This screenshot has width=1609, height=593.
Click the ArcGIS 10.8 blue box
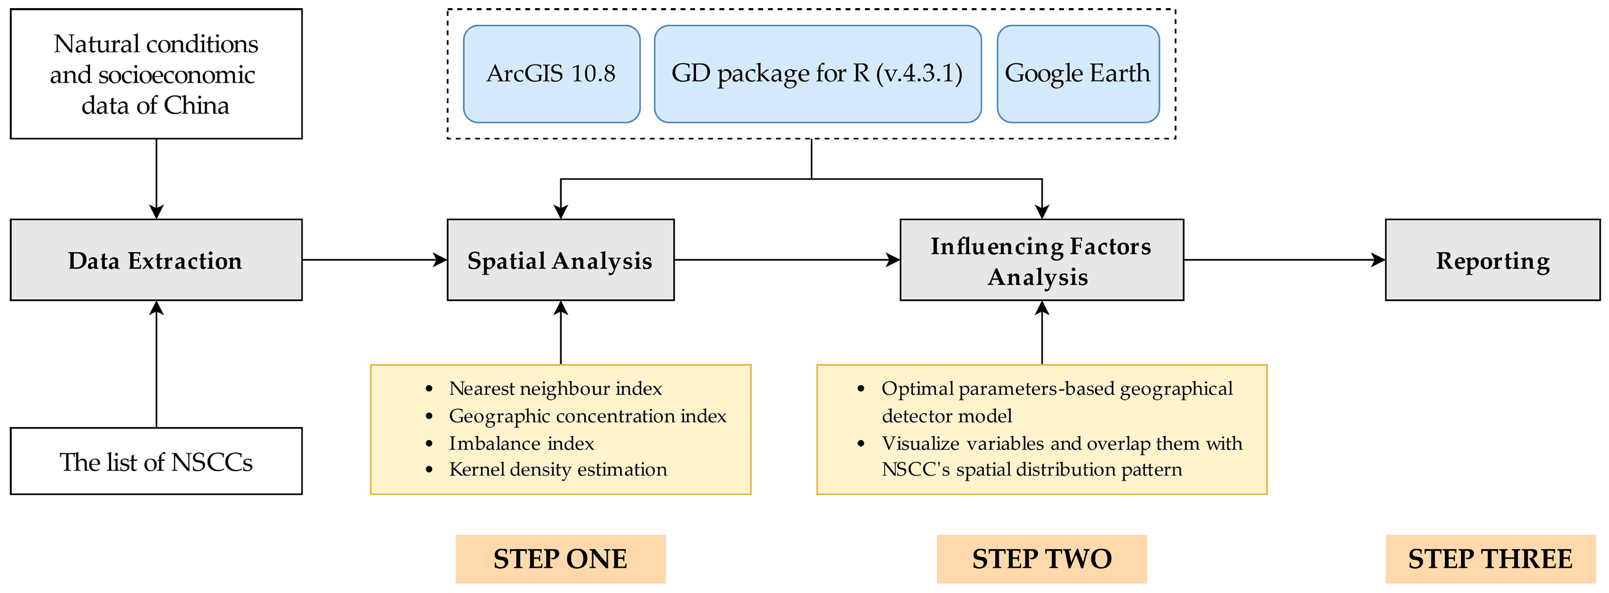pos(551,74)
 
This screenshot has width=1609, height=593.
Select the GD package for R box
pos(817,74)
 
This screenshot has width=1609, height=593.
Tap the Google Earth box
pos(1077,74)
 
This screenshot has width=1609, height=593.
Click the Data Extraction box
pos(156,260)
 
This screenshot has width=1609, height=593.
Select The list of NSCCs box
pos(156,462)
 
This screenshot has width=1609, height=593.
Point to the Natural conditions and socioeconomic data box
pos(156,74)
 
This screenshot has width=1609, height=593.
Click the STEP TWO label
pos(1041,558)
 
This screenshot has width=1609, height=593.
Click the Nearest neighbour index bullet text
pos(555,389)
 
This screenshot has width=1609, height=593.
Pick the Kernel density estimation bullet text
pos(557,469)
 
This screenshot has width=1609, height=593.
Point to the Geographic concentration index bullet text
pos(587,416)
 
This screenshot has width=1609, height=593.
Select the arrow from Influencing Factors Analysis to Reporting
pos(1284,260)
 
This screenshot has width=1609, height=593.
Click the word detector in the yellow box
pos(914,416)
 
